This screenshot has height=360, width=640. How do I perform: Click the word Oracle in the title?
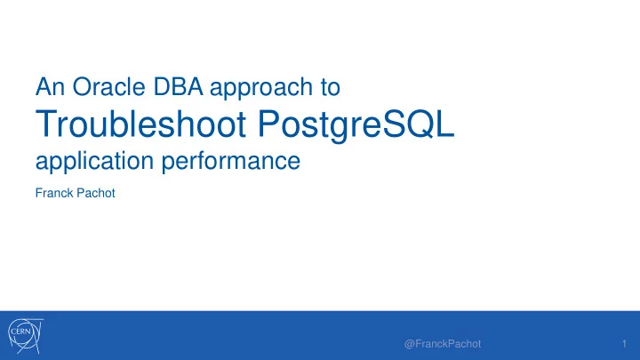pos(108,86)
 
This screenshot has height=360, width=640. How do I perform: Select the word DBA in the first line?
pos(178,86)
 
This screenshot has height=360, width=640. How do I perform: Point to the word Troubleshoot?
pos(140,124)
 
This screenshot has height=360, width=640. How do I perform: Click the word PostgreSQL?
pos(356,125)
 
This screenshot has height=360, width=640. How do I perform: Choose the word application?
pos(95,162)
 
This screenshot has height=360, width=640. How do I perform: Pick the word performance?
pos(231,162)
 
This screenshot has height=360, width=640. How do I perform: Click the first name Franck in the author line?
pos(54,193)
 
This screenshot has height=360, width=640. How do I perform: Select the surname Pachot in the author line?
pos(96,193)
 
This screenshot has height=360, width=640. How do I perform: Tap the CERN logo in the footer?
pos(25,335)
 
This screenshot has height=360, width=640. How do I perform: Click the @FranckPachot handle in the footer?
pos(443,344)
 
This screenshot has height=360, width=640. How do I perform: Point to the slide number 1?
pos(624,344)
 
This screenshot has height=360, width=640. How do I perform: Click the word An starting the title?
pos(50,86)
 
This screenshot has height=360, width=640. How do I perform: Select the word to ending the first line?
pos(330,87)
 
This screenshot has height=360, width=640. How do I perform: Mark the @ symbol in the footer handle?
pos(410,345)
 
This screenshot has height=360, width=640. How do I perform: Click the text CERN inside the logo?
pos(20,332)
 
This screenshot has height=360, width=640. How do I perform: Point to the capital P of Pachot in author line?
pos(80,193)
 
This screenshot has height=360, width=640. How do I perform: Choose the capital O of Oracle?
pos(81,86)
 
